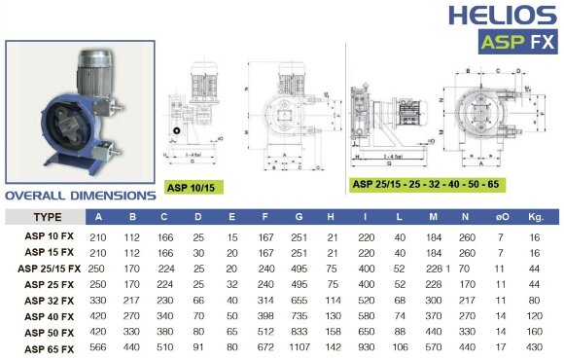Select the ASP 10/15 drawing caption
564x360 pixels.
pos(192,186)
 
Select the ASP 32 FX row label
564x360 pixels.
pos(53,300)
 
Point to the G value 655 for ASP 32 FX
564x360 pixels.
pos(297,300)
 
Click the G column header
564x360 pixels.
pos(297,216)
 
